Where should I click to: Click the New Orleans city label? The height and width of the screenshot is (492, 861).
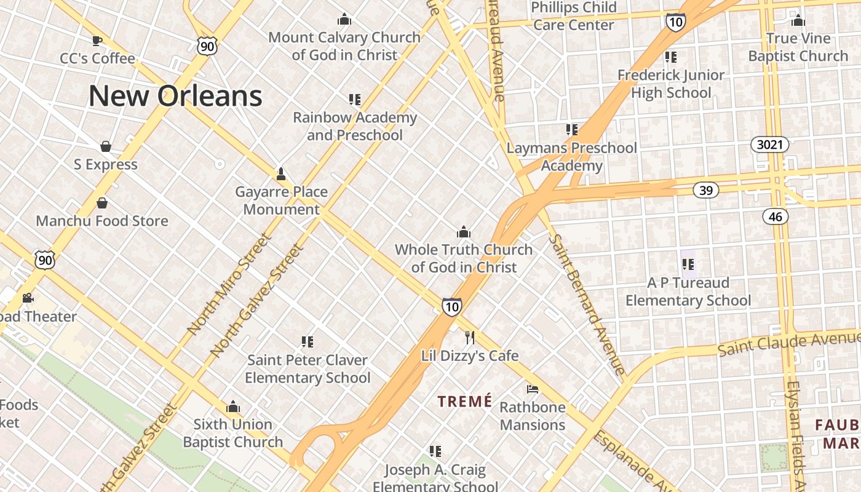pyautogui.click(x=175, y=96)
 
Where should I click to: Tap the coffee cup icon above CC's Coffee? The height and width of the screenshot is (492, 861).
pyautogui.click(x=97, y=41)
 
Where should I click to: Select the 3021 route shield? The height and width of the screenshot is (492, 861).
pyautogui.click(x=770, y=145)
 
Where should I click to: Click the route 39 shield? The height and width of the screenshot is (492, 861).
pyautogui.click(x=706, y=190)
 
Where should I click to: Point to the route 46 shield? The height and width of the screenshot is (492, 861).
pyautogui.click(x=776, y=216)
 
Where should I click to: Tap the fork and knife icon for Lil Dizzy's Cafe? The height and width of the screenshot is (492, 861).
pyautogui.click(x=470, y=337)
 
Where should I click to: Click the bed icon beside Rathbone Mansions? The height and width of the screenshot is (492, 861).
pyautogui.click(x=533, y=389)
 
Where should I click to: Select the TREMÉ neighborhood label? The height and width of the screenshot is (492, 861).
pyautogui.click(x=464, y=402)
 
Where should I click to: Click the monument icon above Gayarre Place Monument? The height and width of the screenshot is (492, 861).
pyautogui.click(x=281, y=173)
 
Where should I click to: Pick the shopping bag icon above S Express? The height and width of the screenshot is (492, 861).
pyautogui.click(x=106, y=146)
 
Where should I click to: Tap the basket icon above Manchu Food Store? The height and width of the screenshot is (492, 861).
pyautogui.click(x=102, y=203)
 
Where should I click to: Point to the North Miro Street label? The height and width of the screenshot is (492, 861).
pyautogui.click(x=229, y=284)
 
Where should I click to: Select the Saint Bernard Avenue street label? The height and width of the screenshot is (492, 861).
pyautogui.click(x=587, y=304)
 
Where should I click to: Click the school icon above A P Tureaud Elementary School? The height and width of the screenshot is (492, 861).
pyautogui.click(x=688, y=264)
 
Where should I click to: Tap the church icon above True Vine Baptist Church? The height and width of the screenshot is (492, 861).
pyautogui.click(x=798, y=20)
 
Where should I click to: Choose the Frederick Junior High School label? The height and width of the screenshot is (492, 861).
pyautogui.click(x=671, y=84)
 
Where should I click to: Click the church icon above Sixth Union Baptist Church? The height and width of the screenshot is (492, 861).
pyautogui.click(x=233, y=407)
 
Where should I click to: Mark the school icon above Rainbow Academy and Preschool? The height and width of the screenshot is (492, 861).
pyautogui.click(x=354, y=99)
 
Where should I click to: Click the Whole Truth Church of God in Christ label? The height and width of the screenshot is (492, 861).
pyautogui.click(x=464, y=258)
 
